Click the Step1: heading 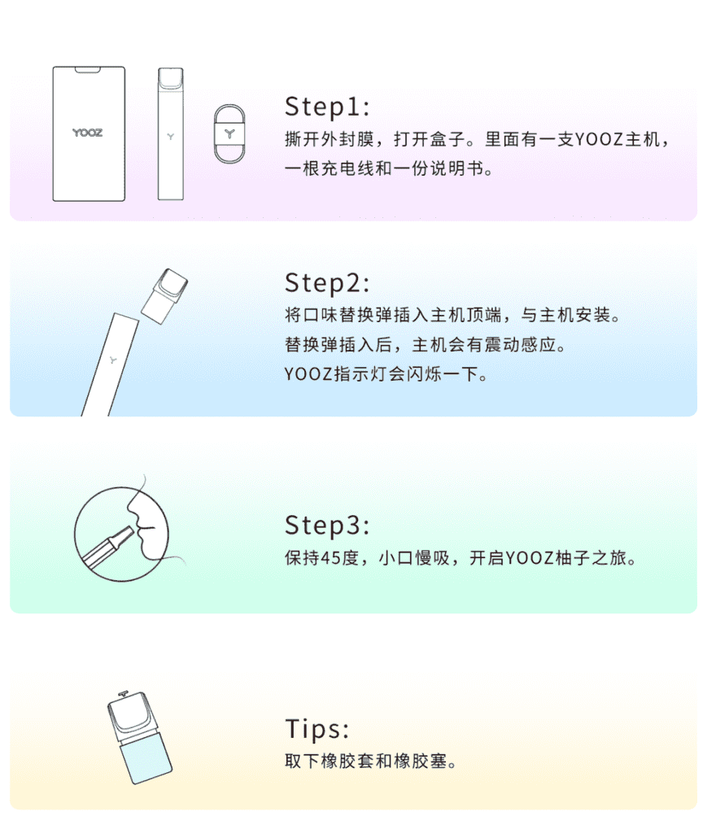pos(327,107)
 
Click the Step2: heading pos(327,282)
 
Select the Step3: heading pos(327,526)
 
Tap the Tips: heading pos(317,728)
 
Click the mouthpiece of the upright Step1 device pos(170,78)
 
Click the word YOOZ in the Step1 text pos(599,138)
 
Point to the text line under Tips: pos(370,762)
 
